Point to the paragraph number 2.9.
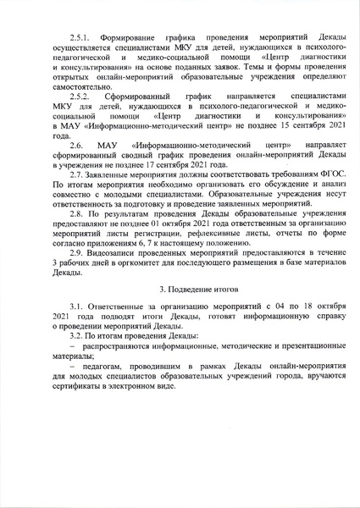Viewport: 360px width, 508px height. click(80, 254)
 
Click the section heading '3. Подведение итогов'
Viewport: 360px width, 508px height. click(179, 290)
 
